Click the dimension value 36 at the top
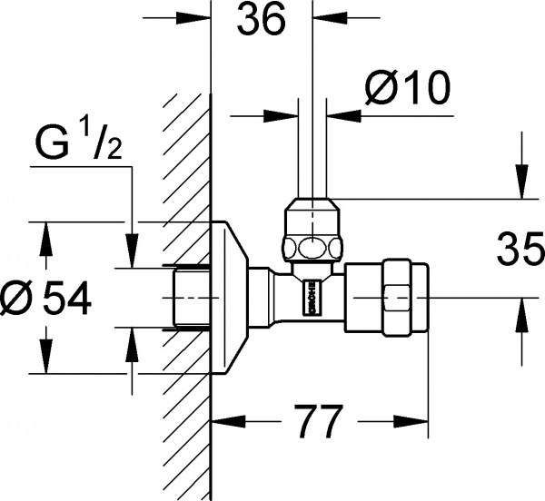[x=261, y=20]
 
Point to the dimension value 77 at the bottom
[x=319, y=424]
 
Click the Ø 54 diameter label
[x=46, y=297]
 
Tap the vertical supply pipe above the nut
[x=312, y=136]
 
